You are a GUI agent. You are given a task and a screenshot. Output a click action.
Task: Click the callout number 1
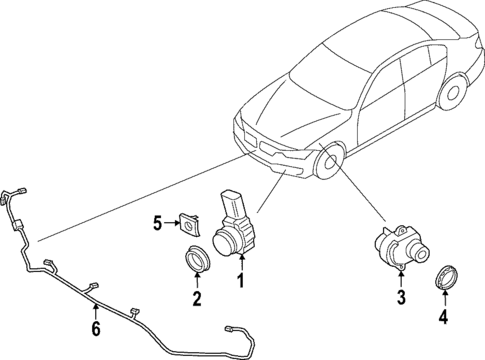click(x=240, y=283)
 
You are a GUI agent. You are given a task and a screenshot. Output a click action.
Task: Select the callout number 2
click(x=197, y=297)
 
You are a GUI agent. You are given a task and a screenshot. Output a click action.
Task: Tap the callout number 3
click(x=400, y=297)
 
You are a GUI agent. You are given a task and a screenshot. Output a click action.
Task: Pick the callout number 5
click(x=158, y=221)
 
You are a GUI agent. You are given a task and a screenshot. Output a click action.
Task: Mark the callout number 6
click(x=96, y=327)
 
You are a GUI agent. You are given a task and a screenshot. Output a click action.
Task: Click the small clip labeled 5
click(x=188, y=222)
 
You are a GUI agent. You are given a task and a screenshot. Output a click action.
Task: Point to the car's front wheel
click(x=331, y=166)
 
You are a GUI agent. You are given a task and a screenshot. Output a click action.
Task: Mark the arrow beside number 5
click(x=171, y=221)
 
